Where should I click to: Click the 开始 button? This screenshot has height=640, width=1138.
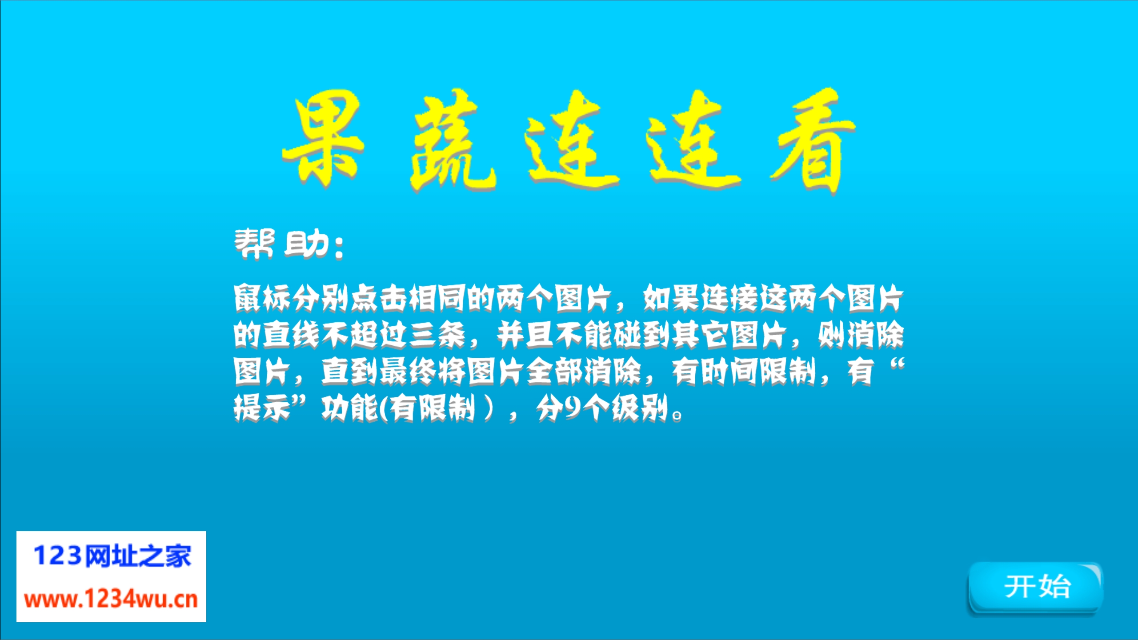1035,588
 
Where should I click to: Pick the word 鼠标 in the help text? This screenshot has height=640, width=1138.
262,298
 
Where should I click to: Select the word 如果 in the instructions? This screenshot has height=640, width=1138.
671,298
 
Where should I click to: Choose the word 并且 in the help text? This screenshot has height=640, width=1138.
525,335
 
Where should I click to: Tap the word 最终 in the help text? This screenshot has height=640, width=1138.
408,371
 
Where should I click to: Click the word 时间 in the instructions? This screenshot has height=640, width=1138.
729,371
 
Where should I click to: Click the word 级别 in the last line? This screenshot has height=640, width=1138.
640,408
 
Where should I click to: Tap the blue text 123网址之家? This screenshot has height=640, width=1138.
112,556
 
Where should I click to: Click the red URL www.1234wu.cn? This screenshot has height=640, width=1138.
111,600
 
